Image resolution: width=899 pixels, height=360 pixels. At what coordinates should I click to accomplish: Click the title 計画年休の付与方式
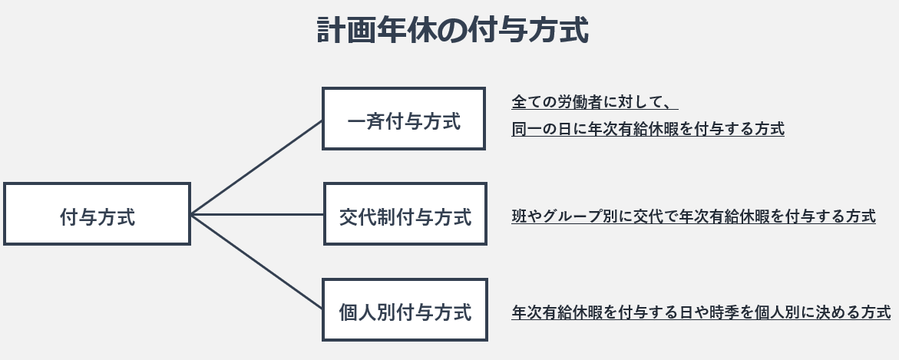pos(452,31)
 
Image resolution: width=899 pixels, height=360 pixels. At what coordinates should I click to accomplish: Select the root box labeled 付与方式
pos(97,214)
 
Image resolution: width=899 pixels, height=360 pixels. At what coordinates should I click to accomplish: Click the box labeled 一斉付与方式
pos(404,119)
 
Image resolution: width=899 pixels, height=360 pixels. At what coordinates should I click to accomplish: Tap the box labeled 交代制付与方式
pos(405,214)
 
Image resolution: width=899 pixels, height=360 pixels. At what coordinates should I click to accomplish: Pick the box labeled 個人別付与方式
pos(405,310)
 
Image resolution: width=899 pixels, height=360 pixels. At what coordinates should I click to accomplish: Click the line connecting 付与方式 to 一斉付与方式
pos(256,167)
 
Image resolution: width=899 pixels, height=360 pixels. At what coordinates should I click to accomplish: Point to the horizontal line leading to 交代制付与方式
pos(257,214)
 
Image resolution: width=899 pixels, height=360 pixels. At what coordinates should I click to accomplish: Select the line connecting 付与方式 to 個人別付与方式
pos(256,262)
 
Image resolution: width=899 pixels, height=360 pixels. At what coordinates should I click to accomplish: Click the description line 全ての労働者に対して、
pos(594,101)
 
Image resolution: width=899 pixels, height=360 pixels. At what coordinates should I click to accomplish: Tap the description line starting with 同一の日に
pos(648,128)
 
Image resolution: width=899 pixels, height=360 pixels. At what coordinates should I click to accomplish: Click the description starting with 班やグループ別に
pos(693,216)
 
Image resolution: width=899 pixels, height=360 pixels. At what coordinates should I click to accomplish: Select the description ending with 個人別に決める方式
pos(701,312)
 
